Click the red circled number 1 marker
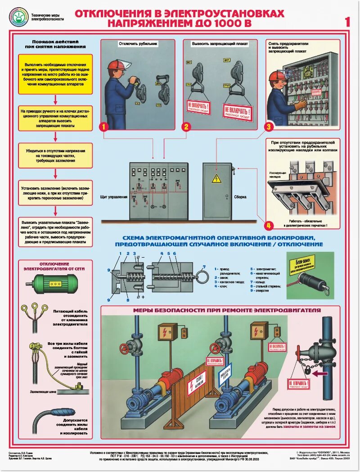(x=103, y=127)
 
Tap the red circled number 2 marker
(x=186, y=127)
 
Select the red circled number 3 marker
(x=269, y=127)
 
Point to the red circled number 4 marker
(x=269, y=225)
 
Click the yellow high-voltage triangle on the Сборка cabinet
(x=217, y=178)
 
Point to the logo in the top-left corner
(x=18, y=16)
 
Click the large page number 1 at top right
(x=347, y=21)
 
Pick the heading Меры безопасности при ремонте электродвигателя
(x=227, y=310)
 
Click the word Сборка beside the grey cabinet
(x=240, y=197)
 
